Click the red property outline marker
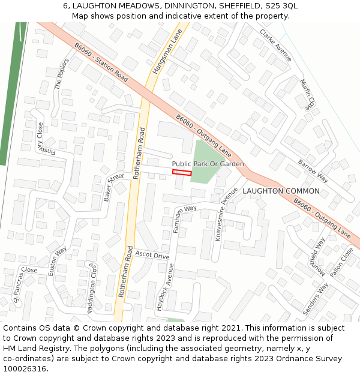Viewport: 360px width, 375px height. [x=182, y=173]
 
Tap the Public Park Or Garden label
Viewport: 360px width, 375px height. [x=208, y=164]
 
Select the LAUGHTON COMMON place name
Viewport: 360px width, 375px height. [x=281, y=191]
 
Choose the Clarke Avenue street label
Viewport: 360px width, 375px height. [x=275, y=45]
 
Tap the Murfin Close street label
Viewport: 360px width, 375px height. [x=306, y=94]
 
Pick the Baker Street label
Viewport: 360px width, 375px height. [x=113, y=186]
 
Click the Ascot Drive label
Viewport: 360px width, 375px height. [x=152, y=256]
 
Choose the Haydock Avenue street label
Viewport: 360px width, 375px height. [x=164, y=287]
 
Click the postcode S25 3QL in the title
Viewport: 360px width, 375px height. [x=281, y=5]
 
